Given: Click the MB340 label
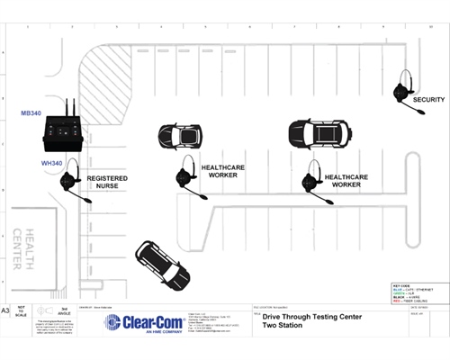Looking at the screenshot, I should click(x=32, y=115).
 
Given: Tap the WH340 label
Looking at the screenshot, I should click(x=51, y=164).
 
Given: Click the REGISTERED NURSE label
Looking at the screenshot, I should click(x=107, y=183).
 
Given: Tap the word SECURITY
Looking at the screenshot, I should click(x=429, y=100).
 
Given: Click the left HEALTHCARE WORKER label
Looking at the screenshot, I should click(x=225, y=172).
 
